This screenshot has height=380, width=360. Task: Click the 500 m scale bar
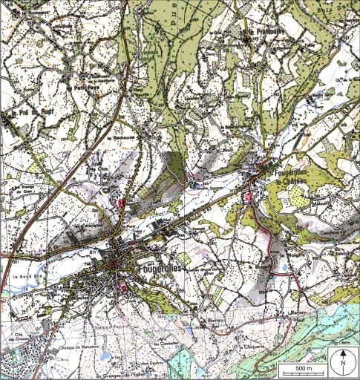pos(298,368)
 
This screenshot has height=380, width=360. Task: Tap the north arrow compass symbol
pos(343,364)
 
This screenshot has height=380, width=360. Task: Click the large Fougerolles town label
pos(158,266)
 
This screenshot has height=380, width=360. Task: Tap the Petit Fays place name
pos(87,88)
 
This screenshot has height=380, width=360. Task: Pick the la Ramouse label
pos(119,138)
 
